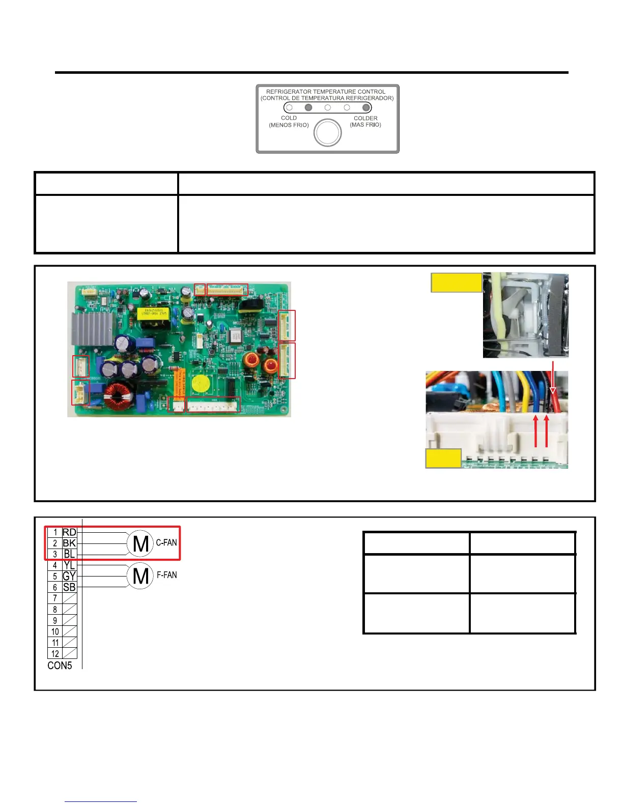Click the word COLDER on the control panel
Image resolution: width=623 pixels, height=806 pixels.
365,118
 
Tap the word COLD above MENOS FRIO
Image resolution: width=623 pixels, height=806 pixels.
289,118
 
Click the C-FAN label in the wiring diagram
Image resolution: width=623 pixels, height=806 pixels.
166,542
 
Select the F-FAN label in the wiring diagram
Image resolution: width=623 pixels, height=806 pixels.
166,575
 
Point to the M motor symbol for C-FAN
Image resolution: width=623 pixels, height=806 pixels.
140,544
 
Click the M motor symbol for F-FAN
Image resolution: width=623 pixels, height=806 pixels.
140,577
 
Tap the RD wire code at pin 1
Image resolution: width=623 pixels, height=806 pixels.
69,532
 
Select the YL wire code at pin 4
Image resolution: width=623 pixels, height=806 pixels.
69,565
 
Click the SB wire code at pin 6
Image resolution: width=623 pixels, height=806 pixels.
69,587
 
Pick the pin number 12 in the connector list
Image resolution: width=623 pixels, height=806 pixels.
55,654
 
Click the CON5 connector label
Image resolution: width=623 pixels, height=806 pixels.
60,666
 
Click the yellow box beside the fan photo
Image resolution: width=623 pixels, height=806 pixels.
456,282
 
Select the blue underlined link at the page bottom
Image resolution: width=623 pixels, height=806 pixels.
101,801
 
